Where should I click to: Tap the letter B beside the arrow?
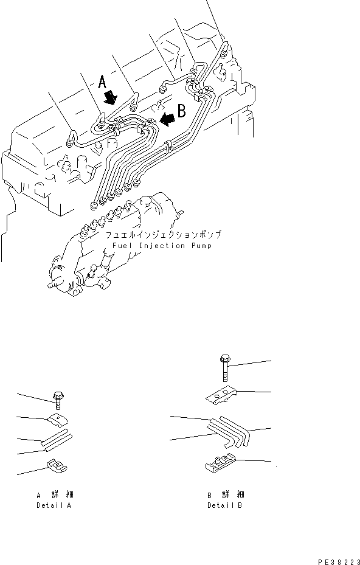181,111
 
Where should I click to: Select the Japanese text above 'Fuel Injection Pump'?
162,235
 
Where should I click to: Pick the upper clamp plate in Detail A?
56,419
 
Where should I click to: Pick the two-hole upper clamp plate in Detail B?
222,395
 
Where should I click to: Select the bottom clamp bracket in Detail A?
57,467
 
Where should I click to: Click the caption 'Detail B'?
224,505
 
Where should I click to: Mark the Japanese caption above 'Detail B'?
225,495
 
